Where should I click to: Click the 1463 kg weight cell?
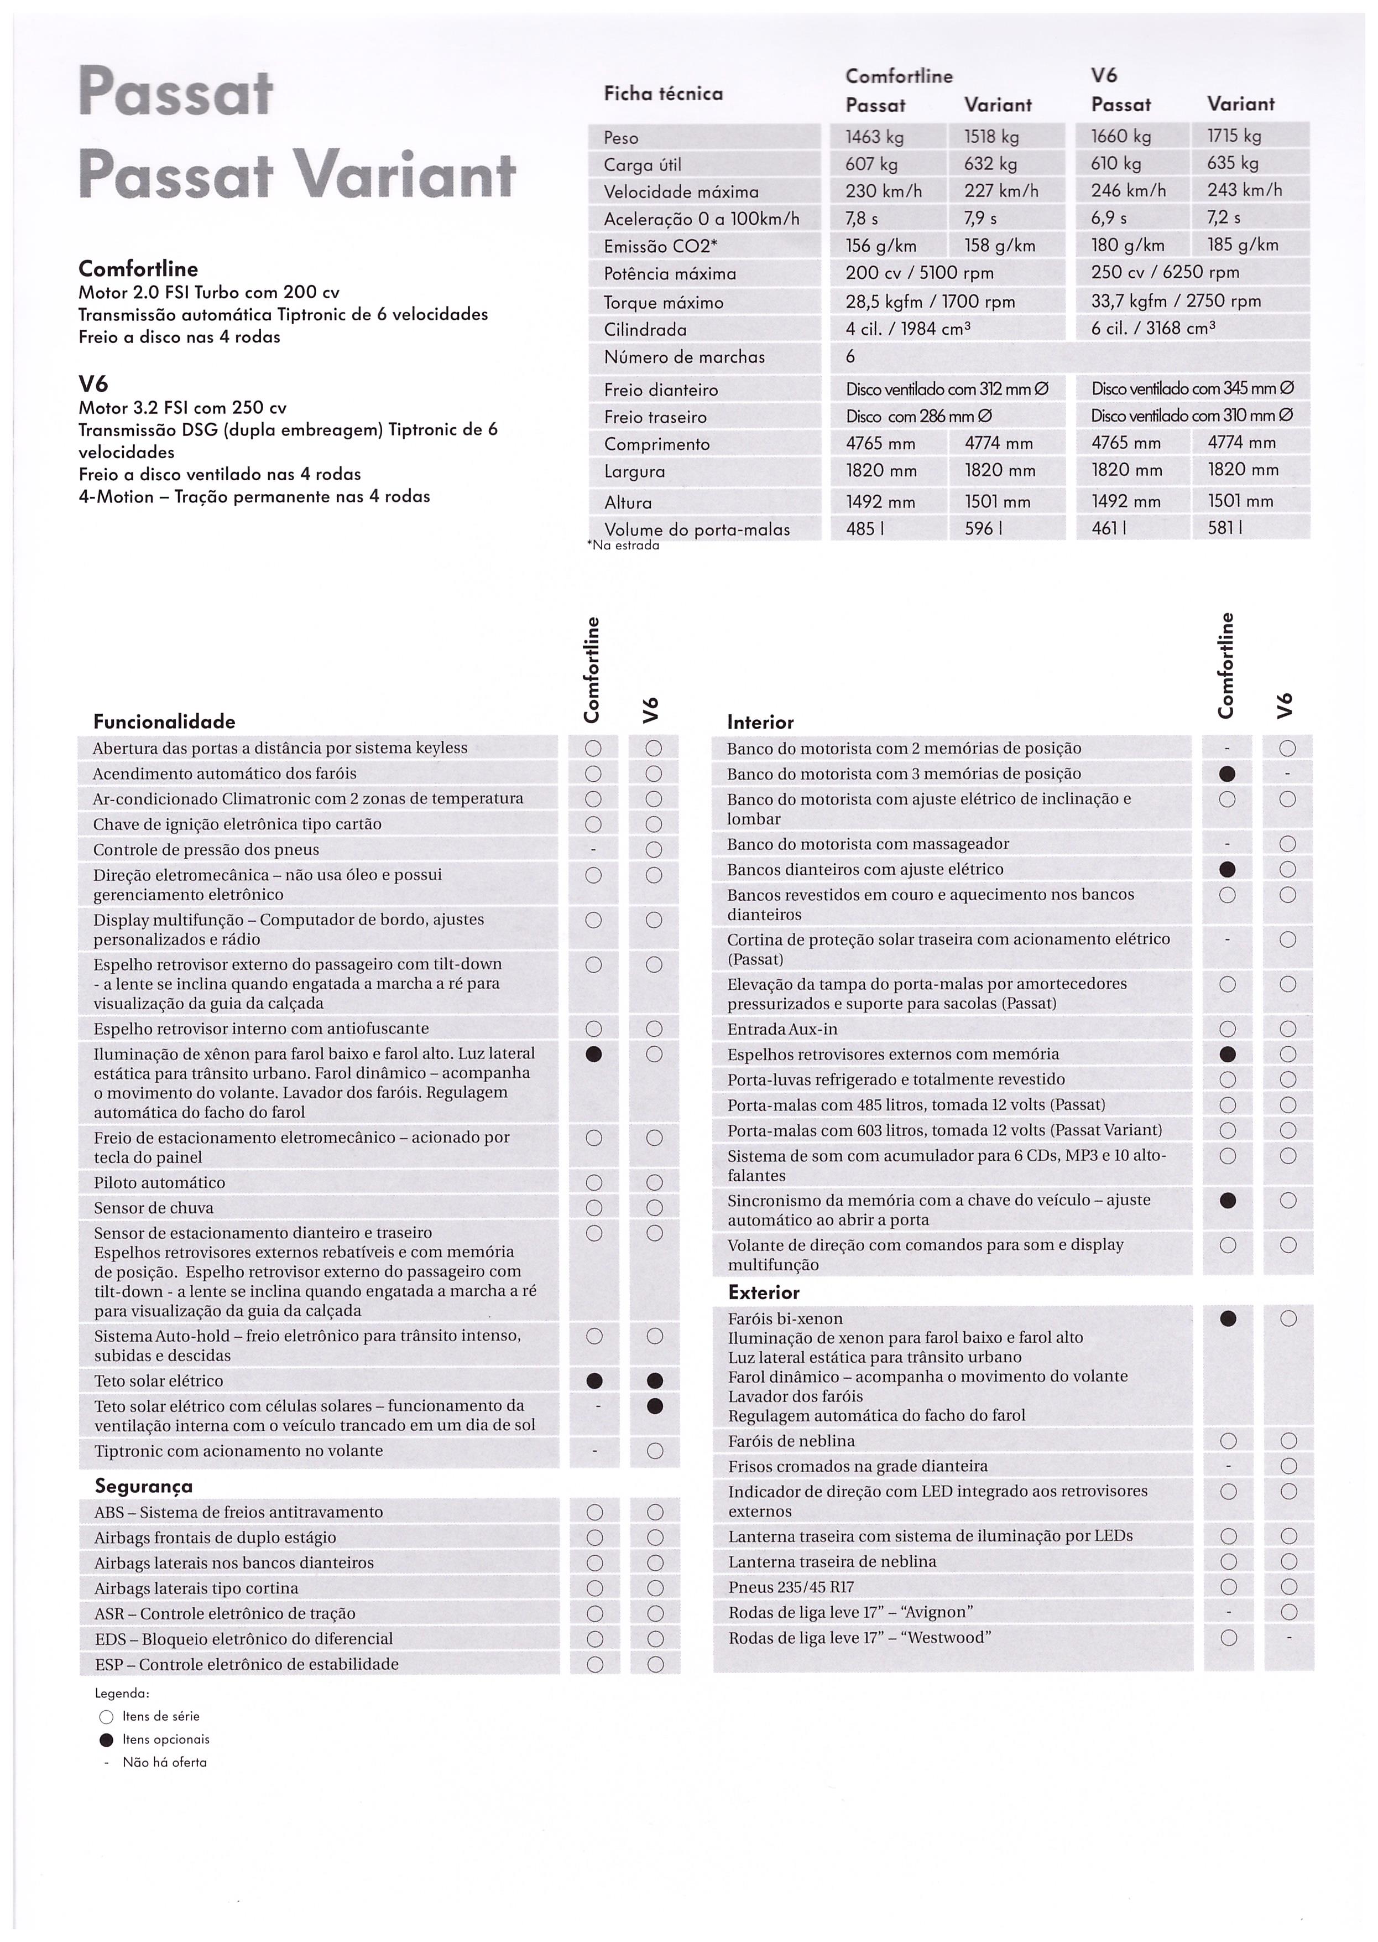(x=875, y=137)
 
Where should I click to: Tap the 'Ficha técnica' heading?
(x=662, y=94)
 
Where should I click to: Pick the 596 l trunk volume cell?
(x=984, y=528)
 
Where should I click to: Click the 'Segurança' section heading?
(x=143, y=1486)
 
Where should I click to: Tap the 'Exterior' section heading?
(x=764, y=1292)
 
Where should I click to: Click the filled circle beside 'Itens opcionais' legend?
(x=106, y=1740)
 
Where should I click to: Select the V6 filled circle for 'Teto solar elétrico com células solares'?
(x=654, y=1406)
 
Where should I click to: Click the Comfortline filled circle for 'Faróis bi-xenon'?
(x=1228, y=1318)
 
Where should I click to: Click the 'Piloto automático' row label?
(x=159, y=1182)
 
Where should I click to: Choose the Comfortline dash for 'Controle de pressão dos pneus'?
(x=594, y=850)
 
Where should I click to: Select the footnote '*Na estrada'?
(x=624, y=546)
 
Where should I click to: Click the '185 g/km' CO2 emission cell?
(x=1242, y=245)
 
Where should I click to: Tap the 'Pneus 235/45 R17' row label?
(x=791, y=1587)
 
